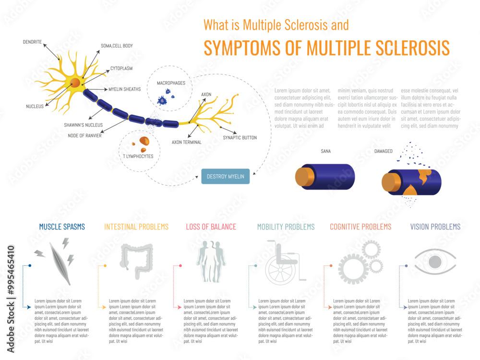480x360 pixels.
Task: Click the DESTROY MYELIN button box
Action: point(225,177)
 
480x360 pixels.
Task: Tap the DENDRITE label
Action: point(33,42)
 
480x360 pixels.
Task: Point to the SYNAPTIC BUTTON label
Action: point(240,138)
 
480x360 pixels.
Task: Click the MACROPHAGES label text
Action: point(171,83)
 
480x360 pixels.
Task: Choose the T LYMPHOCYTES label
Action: point(138,156)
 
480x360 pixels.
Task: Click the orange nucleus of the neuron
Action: point(76,84)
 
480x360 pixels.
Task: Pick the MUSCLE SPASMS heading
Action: point(62,227)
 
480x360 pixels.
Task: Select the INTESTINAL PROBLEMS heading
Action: point(136,227)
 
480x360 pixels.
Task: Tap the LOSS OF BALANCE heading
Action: point(211,227)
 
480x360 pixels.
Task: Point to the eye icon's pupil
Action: point(435,262)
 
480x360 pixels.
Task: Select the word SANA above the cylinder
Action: point(325,151)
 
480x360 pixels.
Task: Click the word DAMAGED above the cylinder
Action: point(383,151)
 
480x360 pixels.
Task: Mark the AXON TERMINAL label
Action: point(187,142)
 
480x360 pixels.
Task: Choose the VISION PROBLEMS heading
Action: point(435,227)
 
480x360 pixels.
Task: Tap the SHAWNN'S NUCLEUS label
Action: point(83,125)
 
